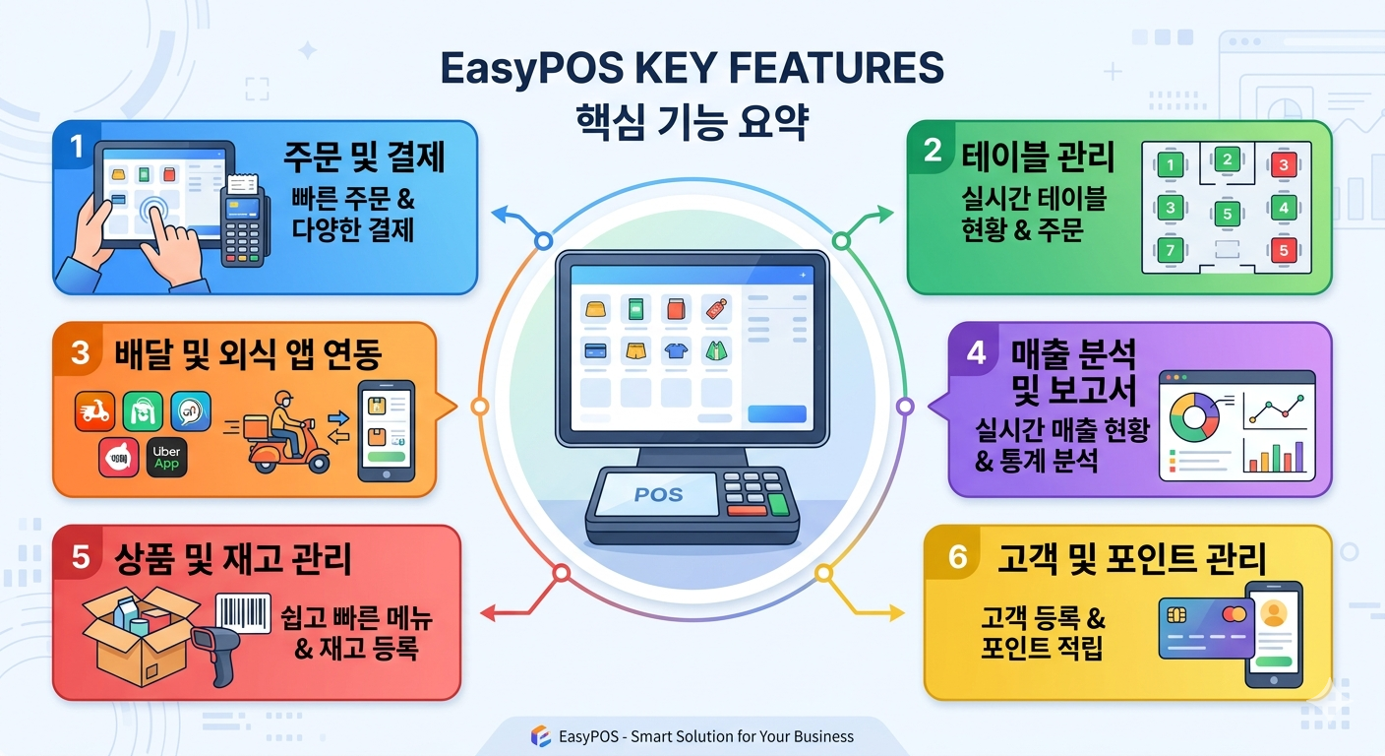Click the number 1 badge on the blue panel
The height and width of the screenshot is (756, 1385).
tap(76, 147)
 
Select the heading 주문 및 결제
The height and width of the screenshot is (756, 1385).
tap(364, 157)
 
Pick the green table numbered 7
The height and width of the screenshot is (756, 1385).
tap(1170, 251)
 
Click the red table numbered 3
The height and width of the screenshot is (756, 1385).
tap(1284, 164)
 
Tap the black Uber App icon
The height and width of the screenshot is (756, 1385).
tap(166, 458)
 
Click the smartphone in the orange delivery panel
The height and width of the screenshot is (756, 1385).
tap(386, 431)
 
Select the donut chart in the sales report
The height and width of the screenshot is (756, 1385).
tap(1194, 417)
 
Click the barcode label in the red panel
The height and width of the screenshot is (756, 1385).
tap(243, 612)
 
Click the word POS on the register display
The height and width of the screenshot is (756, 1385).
tap(658, 494)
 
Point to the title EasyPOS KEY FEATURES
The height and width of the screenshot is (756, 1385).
tap(692, 68)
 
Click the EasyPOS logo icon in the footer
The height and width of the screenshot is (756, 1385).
tap(540, 736)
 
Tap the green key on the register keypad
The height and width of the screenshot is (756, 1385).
tap(778, 504)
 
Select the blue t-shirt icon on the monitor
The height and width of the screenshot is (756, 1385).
tap(676, 350)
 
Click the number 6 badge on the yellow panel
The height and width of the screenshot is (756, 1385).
tap(957, 556)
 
